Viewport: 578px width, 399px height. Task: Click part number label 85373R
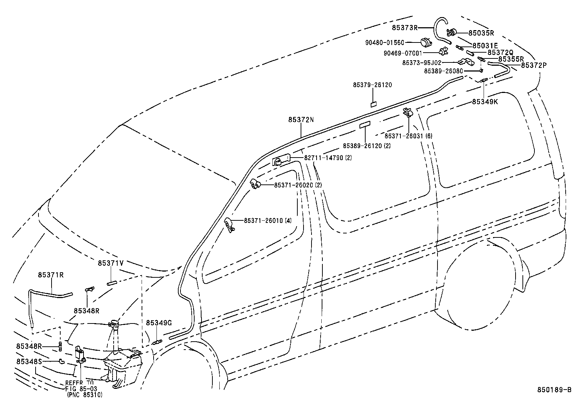tap(405, 28)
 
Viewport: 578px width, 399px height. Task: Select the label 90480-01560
tap(384, 43)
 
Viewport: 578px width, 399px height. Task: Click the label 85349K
tap(485, 102)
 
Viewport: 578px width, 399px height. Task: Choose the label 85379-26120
tap(372, 85)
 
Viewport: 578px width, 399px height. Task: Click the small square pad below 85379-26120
tap(373, 104)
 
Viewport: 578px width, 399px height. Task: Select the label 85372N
tap(301, 119)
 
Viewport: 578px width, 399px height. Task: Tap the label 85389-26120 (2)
tap(366, 146)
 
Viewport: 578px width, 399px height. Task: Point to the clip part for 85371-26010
tap(229, 224)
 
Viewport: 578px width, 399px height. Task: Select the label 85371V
tap(110, 263)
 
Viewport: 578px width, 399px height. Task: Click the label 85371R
tap(51, 275)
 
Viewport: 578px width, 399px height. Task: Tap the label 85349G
tap(159, 323)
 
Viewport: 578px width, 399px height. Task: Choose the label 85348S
tap(29, 362)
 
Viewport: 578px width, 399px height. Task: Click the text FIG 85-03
tap(81, 389)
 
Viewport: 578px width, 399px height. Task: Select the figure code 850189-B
tap(554, 390)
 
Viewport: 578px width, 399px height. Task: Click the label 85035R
tap(481, 33)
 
